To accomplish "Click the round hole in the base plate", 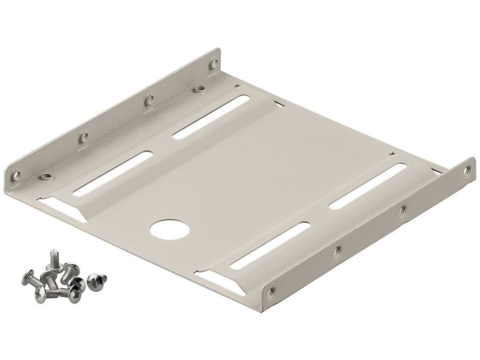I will click(x=170, y=229).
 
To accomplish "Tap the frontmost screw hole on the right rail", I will click(x=272, y=291).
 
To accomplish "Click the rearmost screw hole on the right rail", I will click(x=467, y=170).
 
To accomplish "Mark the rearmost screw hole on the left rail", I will click(x=213, y=63).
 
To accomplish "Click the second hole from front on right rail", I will click(x=337, y=249).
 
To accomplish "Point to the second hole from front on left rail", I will click(x=83, y=137).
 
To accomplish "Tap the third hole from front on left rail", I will click(x=150, y=99).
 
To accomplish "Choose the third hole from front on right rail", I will click(x=402, y=210).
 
